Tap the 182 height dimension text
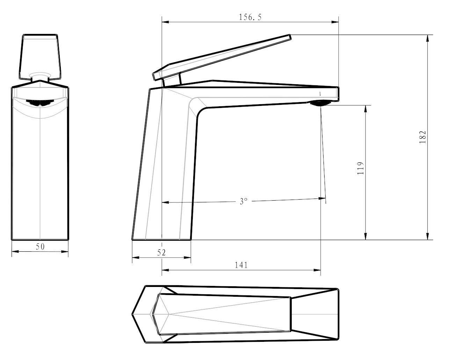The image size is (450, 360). coord(423,137)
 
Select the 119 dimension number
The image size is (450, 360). coord(361,168)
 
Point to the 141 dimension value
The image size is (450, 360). coord(241,265)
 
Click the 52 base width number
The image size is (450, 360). coord(161,253)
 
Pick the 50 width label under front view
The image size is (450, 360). coord(40,246)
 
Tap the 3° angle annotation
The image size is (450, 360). coord(244,201)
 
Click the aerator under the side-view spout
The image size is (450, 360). coord(318,103)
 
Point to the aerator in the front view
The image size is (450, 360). coord(40,103)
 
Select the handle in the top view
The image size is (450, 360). coord(224,314)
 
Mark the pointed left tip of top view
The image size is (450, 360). coord(133,314)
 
